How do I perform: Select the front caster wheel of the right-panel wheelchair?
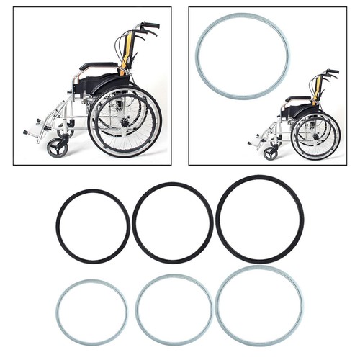point(271,153)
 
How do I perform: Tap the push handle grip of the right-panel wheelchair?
point(333,72)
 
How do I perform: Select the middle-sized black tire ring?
point(135,223)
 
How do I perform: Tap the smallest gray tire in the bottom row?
point(58,312)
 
